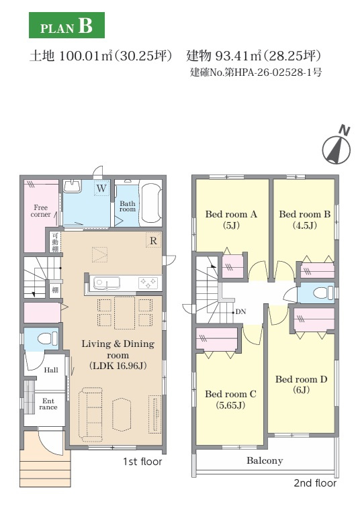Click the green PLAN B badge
[66, 26]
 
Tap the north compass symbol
[336, 146]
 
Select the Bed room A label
[231, 219]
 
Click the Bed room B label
[305, 219]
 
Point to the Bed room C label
[230, 399]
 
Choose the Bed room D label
[302, 385]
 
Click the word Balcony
[265, 460]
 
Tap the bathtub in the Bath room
[151, 203]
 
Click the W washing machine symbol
[101, 189]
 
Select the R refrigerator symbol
[153, 240]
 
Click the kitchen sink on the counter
[107, 283]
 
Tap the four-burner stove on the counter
[148, 283]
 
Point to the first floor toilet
[48, 339]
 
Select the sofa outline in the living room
[91, 414]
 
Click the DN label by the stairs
[241, 312]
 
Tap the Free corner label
[41, 211]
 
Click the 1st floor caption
[142, 462]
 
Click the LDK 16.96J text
[118, 366]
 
